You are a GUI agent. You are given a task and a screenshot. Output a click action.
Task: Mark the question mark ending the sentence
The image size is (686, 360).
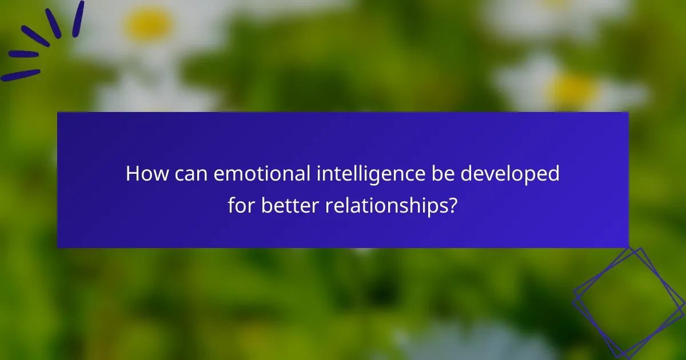(x=452, y=205)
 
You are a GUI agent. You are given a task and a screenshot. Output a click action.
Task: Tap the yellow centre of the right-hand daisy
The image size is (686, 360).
(x=573, y=90)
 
